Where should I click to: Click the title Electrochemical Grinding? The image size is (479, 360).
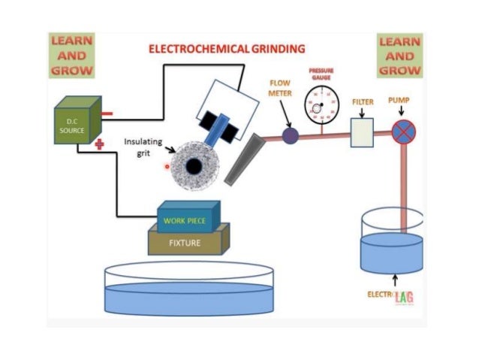227,49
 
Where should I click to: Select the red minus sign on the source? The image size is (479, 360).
106,114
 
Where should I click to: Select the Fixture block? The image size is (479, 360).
188,242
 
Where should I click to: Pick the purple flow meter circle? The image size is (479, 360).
290,135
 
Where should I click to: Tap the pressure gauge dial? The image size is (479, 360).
321,105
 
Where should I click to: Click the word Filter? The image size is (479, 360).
362,101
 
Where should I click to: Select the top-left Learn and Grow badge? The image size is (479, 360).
72,55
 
